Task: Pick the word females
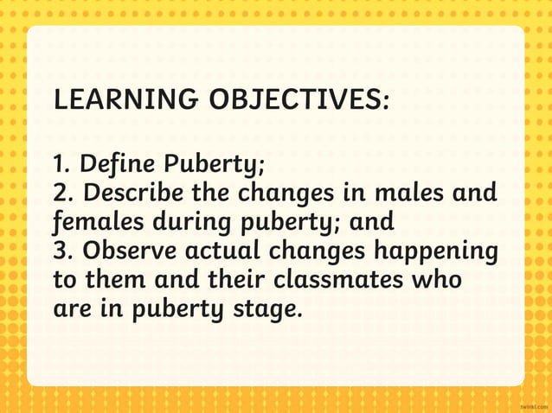coord(97,221)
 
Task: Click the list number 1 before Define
coord(60,162)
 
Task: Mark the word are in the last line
coord(72,308)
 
